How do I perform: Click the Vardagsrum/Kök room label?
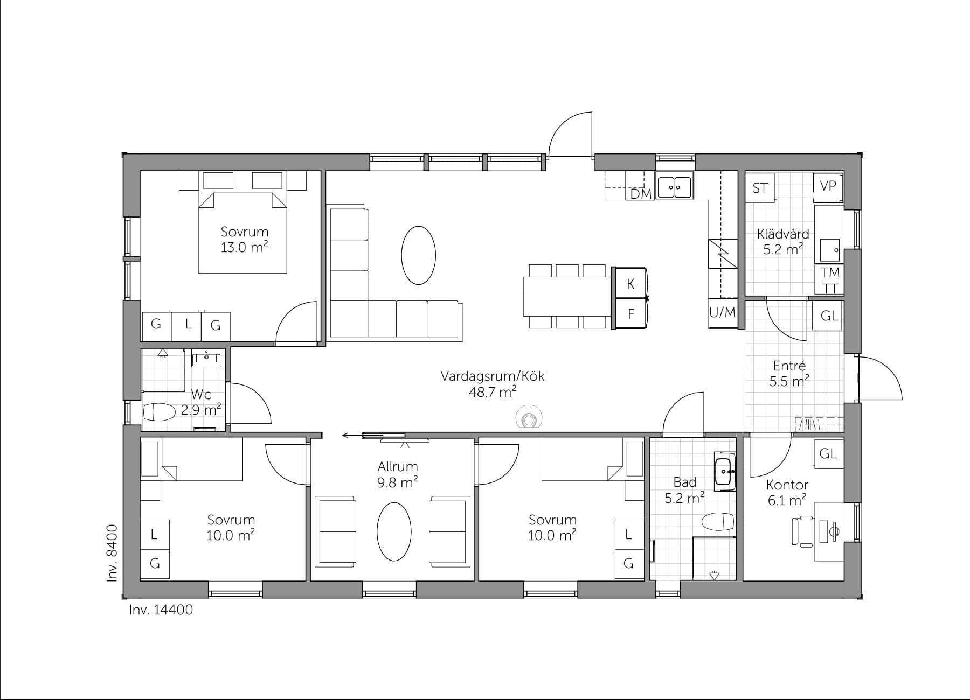[492, 376]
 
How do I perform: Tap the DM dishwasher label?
[641, 194]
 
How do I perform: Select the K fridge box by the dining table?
[630, 284]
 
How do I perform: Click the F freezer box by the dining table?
[630, 313]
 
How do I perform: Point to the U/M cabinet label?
[722, 312]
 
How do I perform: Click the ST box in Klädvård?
[760, 188]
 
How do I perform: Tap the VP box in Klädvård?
[827, 186]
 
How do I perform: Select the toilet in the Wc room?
[160, 413]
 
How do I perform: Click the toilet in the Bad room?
[718, 521]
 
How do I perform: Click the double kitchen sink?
[674, 187]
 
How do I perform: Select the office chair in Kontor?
[803, 531]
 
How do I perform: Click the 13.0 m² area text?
[244, 248]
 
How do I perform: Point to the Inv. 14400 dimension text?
[161, 610]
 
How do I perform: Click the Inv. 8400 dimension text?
[112, 553]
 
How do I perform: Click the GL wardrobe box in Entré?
[829, 316]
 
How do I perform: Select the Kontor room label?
[787, 485]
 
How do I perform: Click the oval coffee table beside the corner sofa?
[418, 255]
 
